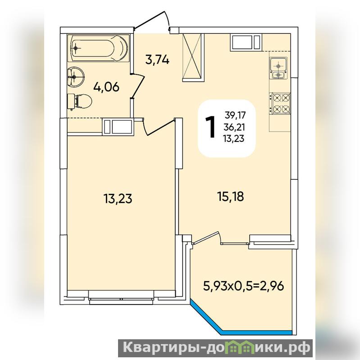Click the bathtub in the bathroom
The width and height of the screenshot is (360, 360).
[x=99, y=48]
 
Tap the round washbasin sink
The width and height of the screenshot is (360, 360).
[x=76, y=77]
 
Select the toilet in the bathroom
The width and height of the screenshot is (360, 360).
[x=79, y=101]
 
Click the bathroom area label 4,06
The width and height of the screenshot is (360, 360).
[x=106, y=87]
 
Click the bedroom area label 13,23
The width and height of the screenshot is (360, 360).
[x=118, y=199]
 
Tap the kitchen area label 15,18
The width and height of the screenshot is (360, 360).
[x=230, y=196]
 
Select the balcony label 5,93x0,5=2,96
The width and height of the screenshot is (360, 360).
[x=244, y=286]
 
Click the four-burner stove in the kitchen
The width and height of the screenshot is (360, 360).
[x=280, y=103]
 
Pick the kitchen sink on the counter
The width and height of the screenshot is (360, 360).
[x=278, y=68]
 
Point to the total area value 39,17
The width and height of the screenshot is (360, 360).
[x=235, y=115]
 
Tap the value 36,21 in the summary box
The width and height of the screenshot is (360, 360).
[x=235, y=127]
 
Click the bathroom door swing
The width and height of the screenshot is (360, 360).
[x=137, y=86]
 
